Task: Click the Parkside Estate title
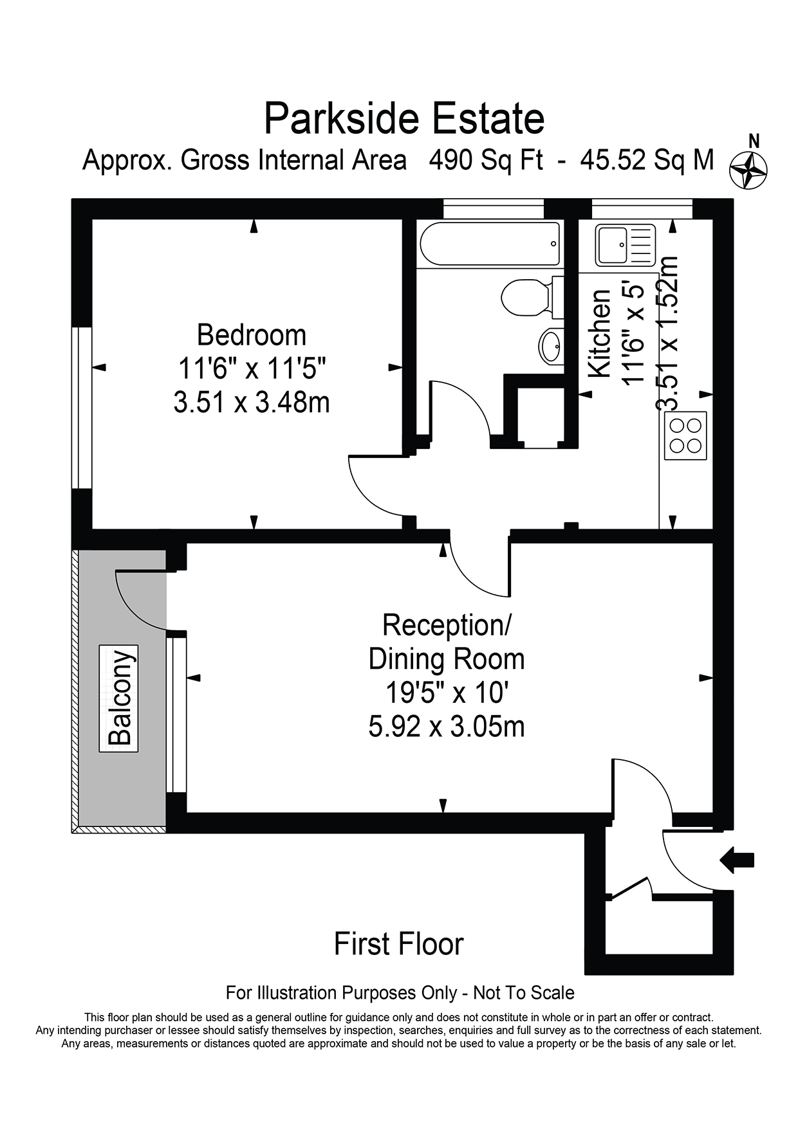click(404, 119)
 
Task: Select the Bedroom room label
click(252, 335)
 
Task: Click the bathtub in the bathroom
click(490, 244)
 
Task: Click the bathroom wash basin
click(551, 347)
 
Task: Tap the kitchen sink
click(625, 245)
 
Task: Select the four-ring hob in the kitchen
click(685, 435)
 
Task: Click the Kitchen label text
click(600, 334)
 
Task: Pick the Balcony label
click(119, 698)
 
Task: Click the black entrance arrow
click(737, 860)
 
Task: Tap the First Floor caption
click(399, 944)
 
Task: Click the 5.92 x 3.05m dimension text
click(447, 727)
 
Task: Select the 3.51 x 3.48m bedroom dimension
click(252, 403)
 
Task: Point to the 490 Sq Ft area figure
click(487, 160)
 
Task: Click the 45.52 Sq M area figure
click(647, 160)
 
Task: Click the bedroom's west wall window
click(82, 408)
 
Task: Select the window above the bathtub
click(494, 209)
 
